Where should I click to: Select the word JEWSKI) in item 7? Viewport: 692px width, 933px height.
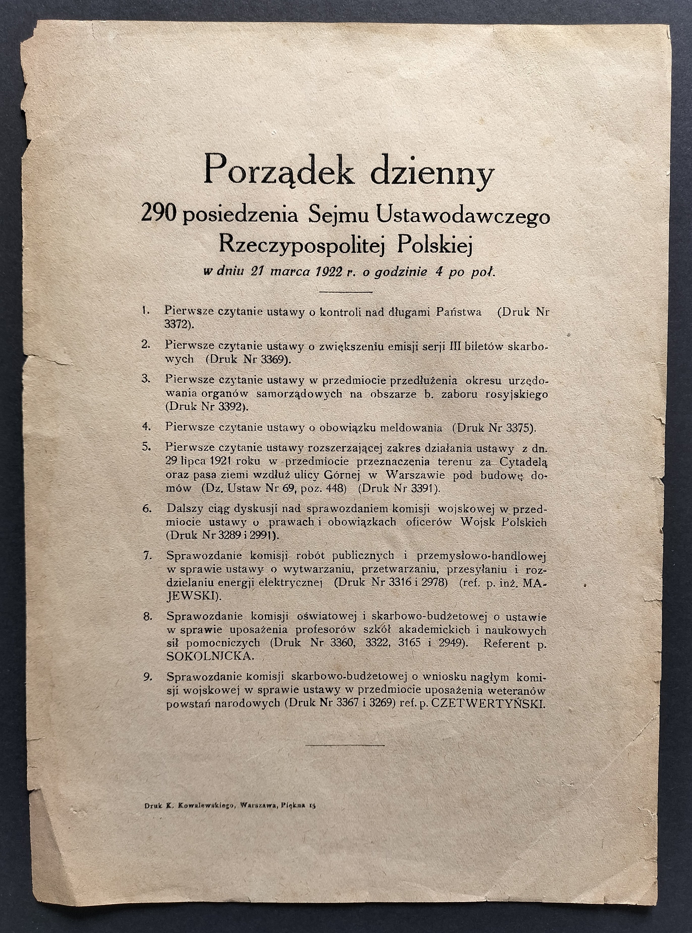click(x=192, y=595)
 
